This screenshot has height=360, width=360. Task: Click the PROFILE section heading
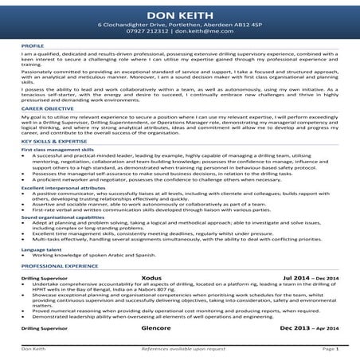[x=33, y=47]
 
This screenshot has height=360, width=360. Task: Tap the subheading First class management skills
[x=57, y=149]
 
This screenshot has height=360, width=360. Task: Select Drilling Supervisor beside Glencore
[x=45, y=328]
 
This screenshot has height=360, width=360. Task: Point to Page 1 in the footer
[x=331, y=349]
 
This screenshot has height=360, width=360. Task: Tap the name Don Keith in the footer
[x=33, y=349]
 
